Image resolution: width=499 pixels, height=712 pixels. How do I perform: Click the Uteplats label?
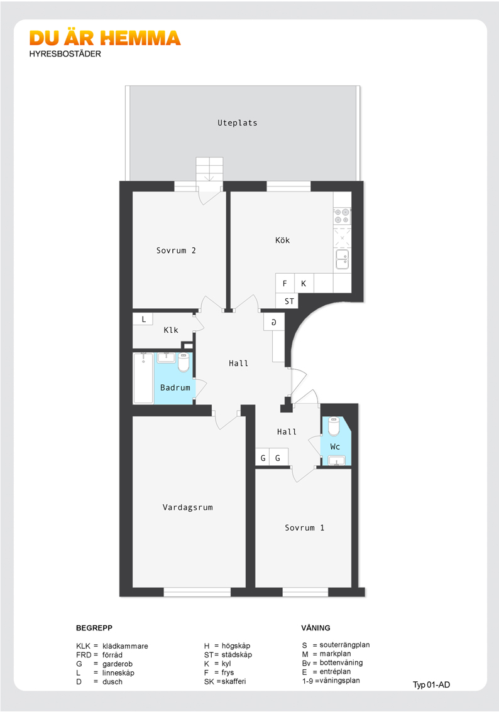237,123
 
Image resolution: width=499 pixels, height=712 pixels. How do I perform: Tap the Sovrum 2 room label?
176,251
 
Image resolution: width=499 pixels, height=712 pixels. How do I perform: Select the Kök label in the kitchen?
282,240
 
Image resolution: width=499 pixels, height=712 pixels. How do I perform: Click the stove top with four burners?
343,216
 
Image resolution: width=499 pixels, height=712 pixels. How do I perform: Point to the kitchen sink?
343,259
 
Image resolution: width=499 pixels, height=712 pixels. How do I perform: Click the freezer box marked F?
285,283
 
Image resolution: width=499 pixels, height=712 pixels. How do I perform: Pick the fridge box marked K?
304,283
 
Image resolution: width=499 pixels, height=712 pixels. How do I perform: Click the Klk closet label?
171,330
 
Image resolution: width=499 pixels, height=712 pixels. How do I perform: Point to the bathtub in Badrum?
143,378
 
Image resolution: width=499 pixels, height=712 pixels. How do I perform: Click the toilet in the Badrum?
184,362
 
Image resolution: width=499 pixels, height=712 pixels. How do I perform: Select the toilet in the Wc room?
334,426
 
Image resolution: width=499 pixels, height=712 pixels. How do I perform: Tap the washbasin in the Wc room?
337,461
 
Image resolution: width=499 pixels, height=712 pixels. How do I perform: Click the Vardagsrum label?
188,508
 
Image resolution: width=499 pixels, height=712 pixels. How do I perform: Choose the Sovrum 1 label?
304,527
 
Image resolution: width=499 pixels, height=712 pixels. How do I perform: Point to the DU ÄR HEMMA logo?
105,43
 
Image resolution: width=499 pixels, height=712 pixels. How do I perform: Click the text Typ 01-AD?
431,685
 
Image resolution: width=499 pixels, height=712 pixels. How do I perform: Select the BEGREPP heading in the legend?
94,628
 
